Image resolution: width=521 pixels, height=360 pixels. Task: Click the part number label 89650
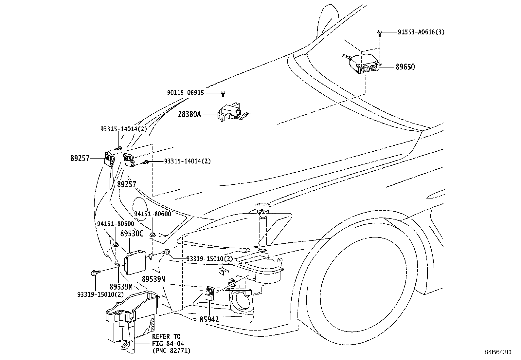[405, 67]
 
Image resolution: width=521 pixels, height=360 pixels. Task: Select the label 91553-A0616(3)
[421, 32]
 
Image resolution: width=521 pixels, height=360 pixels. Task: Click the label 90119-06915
[185, 93]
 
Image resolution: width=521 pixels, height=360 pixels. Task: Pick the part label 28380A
[189, 114]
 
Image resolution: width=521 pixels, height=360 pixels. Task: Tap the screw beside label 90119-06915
[223, 94]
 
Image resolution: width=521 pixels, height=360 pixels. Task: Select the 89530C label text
[132, 233]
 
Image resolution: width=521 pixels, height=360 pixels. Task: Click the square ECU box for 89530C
[135, 262]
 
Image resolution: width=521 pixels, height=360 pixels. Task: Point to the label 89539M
[121, 287]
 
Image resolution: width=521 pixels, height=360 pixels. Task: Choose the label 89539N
[153, 279]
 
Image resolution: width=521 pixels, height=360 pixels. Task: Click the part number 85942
[209, 319]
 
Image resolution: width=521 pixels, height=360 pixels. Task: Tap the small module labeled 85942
[210, 294]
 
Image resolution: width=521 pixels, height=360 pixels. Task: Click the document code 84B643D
[498, 352]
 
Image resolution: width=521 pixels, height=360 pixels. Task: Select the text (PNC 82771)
[171, 351]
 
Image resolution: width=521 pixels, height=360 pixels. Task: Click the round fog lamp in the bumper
[243, 301]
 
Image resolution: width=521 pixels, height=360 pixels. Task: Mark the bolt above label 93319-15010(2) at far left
[96, 273]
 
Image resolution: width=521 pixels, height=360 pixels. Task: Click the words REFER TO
[166, 336]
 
